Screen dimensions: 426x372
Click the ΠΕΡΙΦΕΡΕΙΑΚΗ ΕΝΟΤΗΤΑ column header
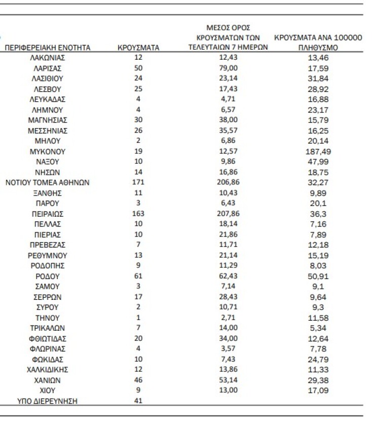pyautogui.click(x=48, y=48)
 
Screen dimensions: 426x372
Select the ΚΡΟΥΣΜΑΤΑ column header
pyautogui.click(x=138, y=48)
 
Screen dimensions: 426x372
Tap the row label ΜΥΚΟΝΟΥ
pyautogui.click(x=48, y=151)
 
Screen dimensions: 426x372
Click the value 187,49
pyautogui.click(x=318, y=151)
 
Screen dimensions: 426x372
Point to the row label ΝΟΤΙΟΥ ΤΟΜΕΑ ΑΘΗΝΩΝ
pyautogui.click(x=48, y=183)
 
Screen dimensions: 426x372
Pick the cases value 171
pyautogui.click(x=138, y=183)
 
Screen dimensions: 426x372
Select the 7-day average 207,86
pyautogui.click(x=224, y=214)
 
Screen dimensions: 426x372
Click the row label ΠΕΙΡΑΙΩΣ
pyautogui.click(x=48, y=214)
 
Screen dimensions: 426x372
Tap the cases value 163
pyautogui.click(x=138, y=214)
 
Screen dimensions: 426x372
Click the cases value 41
pyautogui.click(x=138, y=401)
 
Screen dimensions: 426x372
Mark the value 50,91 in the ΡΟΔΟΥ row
pyautogui.click(x=318, y=276)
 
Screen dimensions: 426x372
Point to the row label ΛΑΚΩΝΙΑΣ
pyautogui.click(x=48, y=58)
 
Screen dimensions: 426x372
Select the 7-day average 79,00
pyautogui.click(x=224, y=68)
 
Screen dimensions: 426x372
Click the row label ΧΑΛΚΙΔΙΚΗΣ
pyautogui.click(x=48, y=369)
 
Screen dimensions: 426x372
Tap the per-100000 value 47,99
pyautogui.click(x=318, y=162)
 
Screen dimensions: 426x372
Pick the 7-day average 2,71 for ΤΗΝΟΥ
pyautogui.click(x=224, y=318)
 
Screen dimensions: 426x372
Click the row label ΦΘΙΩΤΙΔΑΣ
pyautogui.click(x=48, y=338)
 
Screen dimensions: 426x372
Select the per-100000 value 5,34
pyautogui.click(x=318, y=328)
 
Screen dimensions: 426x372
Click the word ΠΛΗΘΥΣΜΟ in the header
pyautogui.click(x=318, y=48)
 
